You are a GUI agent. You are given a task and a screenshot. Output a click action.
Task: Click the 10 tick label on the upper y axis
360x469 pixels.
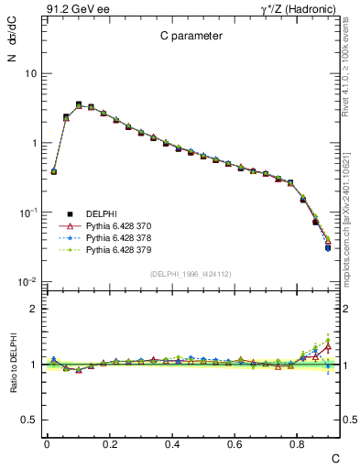[x=29, y=73]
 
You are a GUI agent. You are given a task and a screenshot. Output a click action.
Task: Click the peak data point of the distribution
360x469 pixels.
[x=79, y=104]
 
